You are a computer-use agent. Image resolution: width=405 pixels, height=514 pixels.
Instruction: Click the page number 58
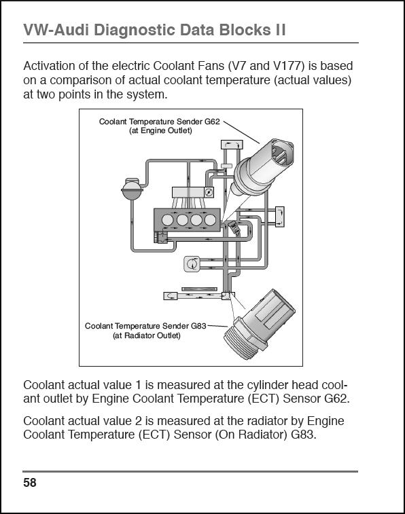pyautogui.click(x=29, y=483)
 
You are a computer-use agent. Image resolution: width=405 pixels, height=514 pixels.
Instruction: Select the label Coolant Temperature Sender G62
pyautogui.click(x=160, y=122)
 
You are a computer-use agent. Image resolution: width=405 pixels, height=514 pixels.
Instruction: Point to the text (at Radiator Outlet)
pyautogui.click(x=147, y=335)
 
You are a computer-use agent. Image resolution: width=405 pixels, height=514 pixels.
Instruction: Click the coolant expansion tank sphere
pyautogui.click(x=132, y=189)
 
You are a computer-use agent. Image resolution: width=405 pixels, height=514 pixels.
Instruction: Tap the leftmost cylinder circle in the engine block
pyautogui.click(x=168, y=219)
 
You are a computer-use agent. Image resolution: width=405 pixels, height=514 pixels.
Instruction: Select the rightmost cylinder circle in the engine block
pyautogui.click(x=210, y=219)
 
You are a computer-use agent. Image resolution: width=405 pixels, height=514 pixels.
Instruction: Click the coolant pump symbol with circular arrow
pyautogui.click(x=192, y=263)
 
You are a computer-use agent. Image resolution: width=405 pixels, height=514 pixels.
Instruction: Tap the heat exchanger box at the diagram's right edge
pyautogui.click(x=280, y=217)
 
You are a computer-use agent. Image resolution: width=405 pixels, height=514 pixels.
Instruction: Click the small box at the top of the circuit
pyautogui.click(x=232, y=144)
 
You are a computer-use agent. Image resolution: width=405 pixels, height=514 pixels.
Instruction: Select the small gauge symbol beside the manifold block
pyautogui.click(x=209, y=192)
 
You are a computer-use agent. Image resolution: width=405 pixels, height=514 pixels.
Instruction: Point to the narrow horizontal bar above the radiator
pyautogui.click(x=199, y=289)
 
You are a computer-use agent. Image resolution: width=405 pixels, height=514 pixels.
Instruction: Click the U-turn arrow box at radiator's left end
pyautogui.click(x=171, y=296)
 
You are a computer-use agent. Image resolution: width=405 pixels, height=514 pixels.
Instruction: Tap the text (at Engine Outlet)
pyautogui.click(x=160, y=131)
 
